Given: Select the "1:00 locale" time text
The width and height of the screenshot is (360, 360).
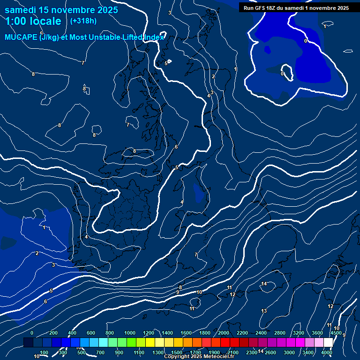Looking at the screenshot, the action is coord(33,21).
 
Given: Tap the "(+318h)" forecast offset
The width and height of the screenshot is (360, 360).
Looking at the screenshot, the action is coord(83,21).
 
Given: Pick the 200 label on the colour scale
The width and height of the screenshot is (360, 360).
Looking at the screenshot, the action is coord(53,333).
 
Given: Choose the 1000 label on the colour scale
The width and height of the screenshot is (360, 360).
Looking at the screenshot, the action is coord(129,333).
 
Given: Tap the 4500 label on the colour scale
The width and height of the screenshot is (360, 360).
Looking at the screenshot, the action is coord(336,333).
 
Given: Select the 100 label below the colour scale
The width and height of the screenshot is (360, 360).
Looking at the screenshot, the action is coord(44,352).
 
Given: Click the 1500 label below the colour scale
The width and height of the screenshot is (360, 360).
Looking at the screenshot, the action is coord(177,352).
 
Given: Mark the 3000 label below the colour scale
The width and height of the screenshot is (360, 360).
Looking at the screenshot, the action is coord(289,352).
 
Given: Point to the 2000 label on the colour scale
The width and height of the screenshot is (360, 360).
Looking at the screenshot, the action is coord(223,333).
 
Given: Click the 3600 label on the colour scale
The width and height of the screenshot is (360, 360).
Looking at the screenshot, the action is coord(317,333).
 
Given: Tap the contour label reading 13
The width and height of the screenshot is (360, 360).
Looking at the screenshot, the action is coord(264,311).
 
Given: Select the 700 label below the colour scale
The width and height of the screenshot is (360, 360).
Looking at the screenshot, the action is coord(100,352).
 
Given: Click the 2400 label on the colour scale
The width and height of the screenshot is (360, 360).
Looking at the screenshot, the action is coord(261,333).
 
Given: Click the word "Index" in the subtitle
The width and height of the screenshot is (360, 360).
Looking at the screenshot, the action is coord(154,37).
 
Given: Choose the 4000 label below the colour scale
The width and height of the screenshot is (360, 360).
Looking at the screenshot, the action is coord(327,352).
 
